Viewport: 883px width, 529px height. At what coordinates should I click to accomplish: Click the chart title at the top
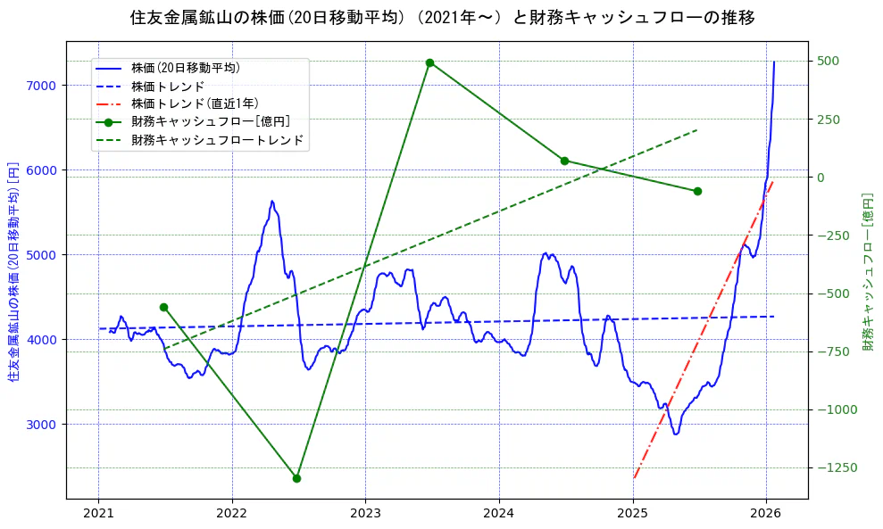442,18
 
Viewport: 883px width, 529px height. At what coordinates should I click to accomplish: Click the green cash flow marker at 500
429,62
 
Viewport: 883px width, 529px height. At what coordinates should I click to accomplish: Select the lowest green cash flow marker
296,478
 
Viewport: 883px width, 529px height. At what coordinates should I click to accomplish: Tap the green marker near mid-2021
163,307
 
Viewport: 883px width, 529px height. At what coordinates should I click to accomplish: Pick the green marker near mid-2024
564,161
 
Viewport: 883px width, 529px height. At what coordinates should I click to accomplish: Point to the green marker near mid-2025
697,191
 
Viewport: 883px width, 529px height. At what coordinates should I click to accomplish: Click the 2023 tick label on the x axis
365,514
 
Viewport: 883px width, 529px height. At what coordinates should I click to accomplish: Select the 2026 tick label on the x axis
766,514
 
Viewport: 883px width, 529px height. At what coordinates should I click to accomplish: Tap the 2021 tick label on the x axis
98,514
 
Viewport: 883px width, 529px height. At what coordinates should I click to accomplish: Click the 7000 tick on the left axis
41,86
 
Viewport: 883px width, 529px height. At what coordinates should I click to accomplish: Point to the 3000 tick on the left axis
41,424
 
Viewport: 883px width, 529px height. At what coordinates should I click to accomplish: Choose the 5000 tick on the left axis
41,254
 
